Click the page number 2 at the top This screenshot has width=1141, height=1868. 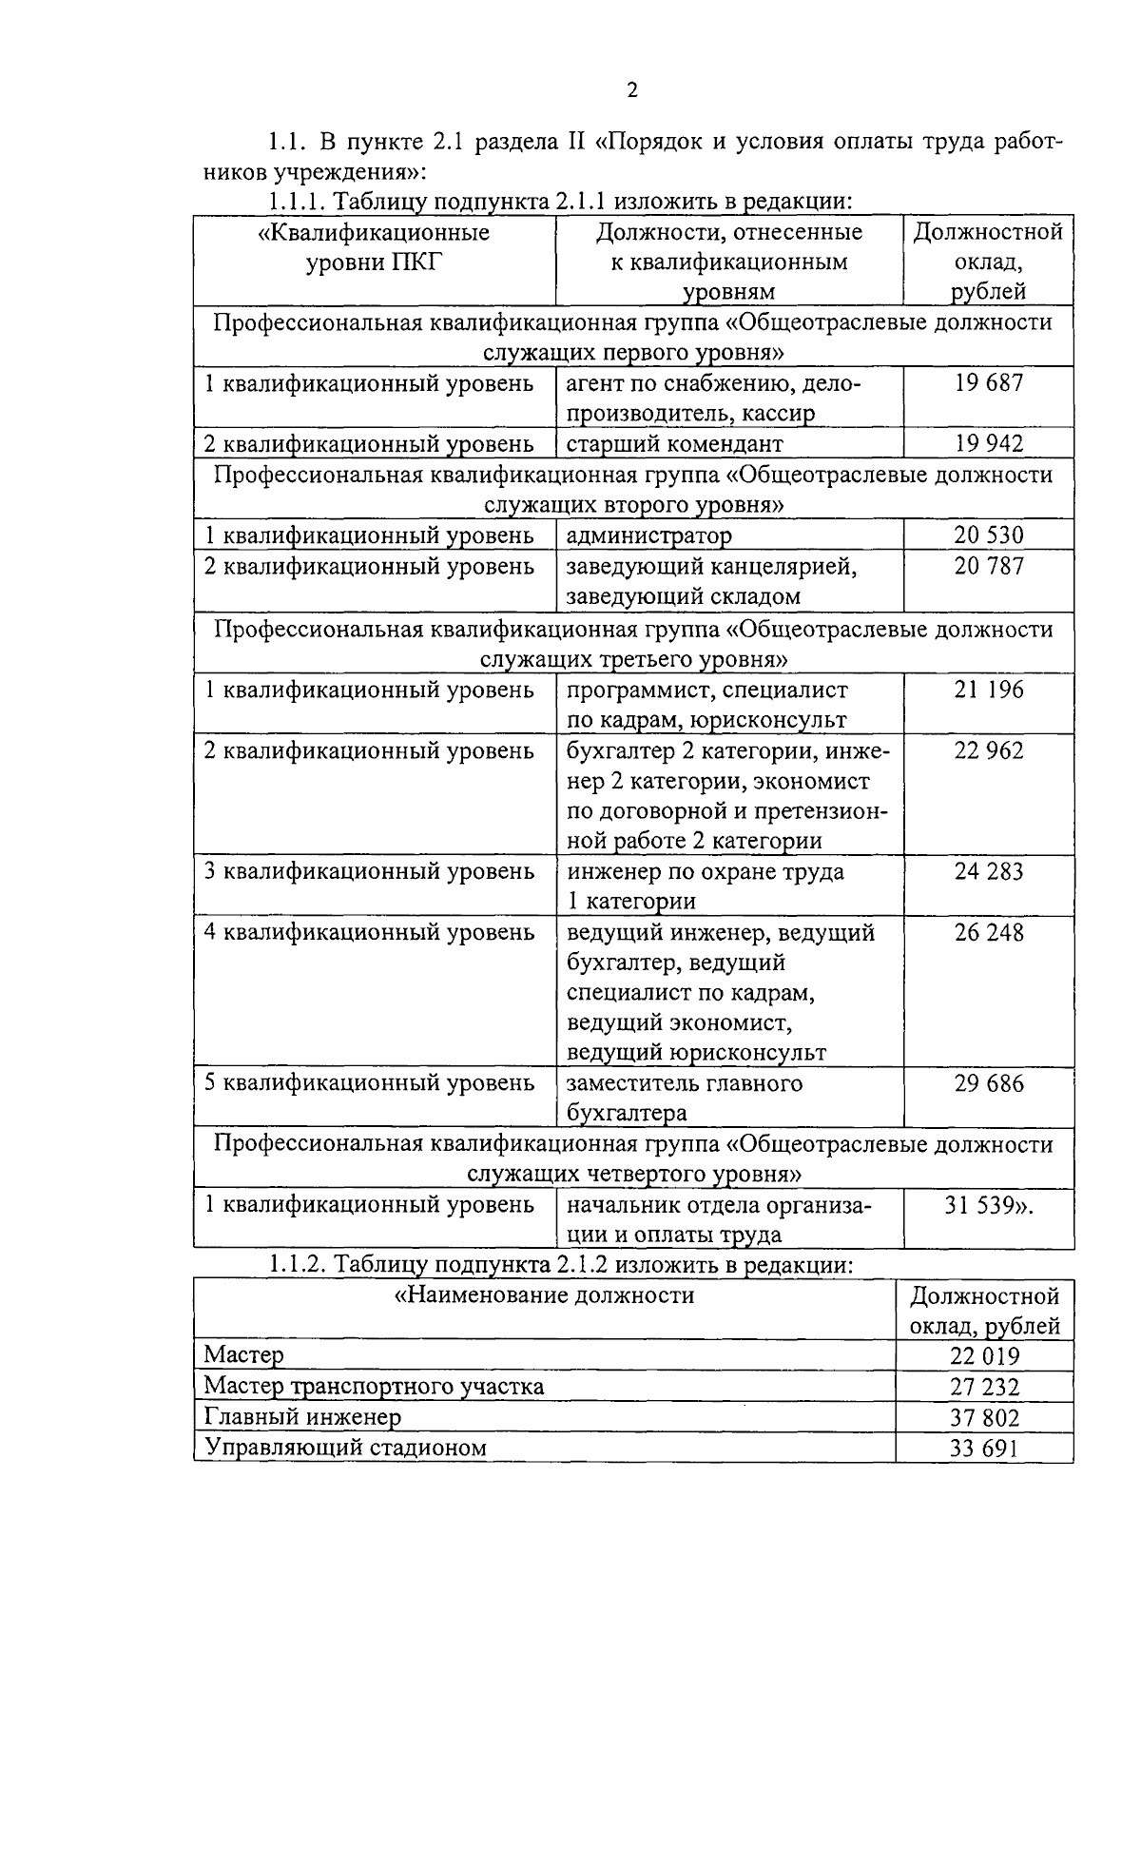coord(631,90)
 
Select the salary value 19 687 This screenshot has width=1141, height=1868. coord(989,383)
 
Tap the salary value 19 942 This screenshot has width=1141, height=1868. coord(989,443)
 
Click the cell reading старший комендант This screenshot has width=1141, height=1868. coord(674,444)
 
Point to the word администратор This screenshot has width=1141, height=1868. coord(649,535)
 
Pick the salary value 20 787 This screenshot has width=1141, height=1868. coord(989,566)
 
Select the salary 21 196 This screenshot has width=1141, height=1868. coord(989,690)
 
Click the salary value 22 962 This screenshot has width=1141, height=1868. coord(989,750)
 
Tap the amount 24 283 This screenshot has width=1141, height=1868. coord(989,871)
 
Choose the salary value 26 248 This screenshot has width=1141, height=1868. coord(989,932)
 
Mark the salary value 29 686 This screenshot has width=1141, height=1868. coord(989,1083)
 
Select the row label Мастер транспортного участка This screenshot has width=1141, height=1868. coord(374,1386)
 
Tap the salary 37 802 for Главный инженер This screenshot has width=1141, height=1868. coord(984,1417)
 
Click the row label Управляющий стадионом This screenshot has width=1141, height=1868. coord(345,1448)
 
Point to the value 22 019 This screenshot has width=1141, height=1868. coord(984,1356)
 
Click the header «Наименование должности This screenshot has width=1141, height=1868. coord(544,1295)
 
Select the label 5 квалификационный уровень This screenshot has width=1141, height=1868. coord(369,1083)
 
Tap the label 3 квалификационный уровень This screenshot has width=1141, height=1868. coord(369,871)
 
